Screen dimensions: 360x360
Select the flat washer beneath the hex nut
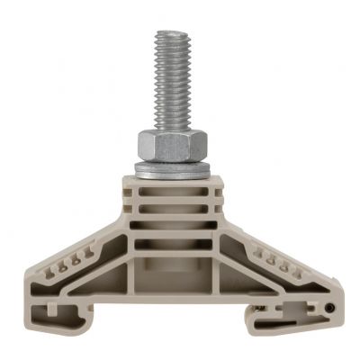tap(174, 168)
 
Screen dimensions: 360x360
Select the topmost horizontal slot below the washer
tap(174, 193)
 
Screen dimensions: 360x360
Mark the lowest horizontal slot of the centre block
tap(174, 241)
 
